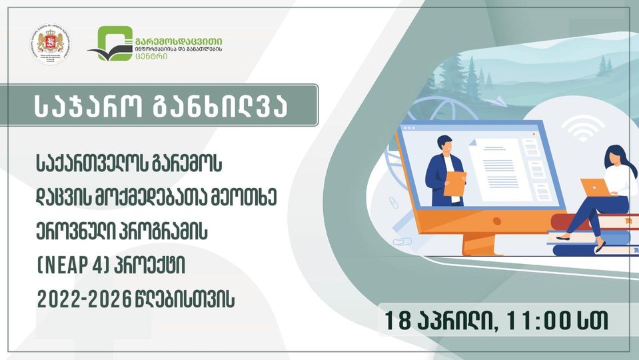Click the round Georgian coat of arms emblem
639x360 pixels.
click(51, 45)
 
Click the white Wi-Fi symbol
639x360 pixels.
click(583, 128)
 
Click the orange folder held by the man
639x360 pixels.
click(454, 183)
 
